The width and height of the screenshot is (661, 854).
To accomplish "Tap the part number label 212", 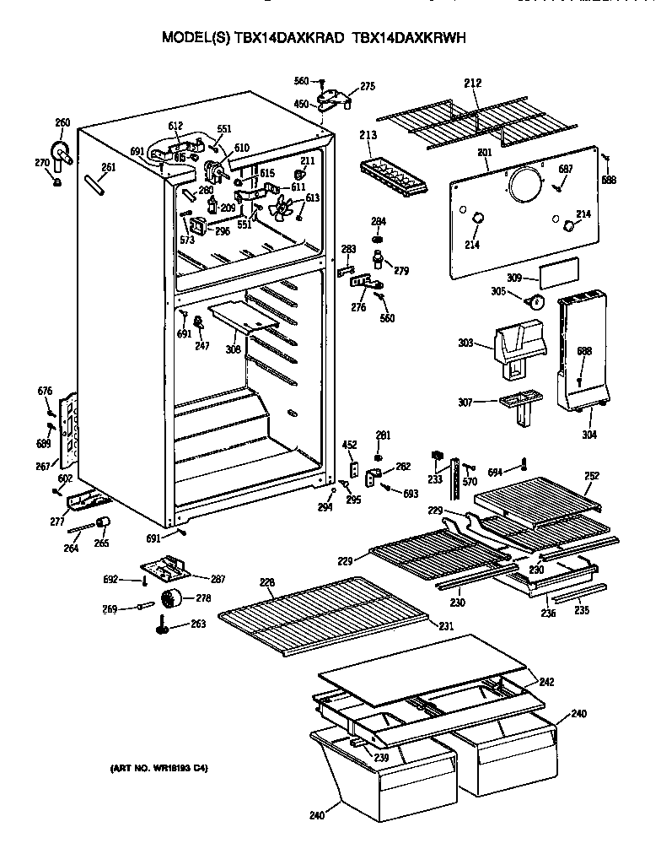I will (472, 83).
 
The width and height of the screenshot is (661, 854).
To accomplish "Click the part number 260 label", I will (62, 122).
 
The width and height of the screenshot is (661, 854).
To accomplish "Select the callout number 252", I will (592, 476).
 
